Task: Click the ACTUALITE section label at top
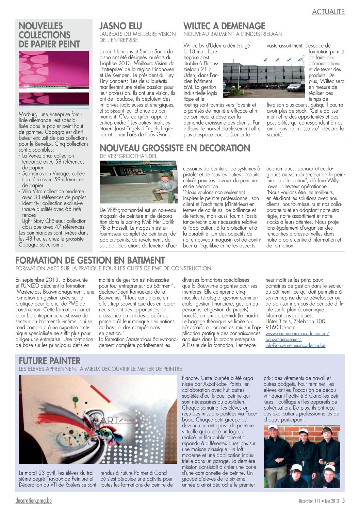point(328,12)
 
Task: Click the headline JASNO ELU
point(120,26)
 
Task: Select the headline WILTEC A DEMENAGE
point(224,26)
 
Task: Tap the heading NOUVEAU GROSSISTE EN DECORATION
point(175,148)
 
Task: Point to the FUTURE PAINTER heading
point(49,361)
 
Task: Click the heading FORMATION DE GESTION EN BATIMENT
point(90,261)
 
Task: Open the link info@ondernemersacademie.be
point(295,345)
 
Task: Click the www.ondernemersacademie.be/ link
point(297,333)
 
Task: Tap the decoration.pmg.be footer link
point(33,501)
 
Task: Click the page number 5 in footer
point(343,500)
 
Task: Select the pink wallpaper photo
point(53,79)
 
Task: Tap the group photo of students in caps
point(302,457)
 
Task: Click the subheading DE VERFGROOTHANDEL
point(128,156)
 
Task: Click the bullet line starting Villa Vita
point(53,191)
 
